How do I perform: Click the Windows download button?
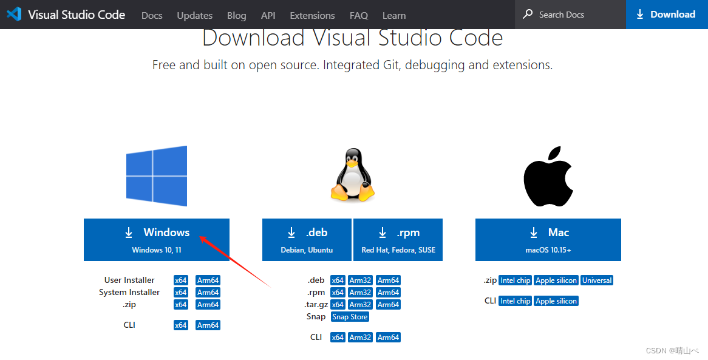[x=157, y=239]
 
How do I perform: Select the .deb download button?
[x=307, y=239]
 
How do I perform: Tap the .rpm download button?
[x=398, y=239]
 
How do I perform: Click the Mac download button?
[x=548, y=239]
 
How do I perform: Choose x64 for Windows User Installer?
[x=181, y=280]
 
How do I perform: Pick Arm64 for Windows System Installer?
[x=208, y=293]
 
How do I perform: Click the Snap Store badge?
[x=350, y=317]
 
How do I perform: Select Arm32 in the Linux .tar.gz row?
[x=360, y=305]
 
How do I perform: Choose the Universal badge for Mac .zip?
[x=597, y=280]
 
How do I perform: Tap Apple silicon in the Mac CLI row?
[x=556, y=301]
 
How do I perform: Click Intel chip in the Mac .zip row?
[x=515, y=280]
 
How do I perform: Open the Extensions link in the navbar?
[x=312, y=15]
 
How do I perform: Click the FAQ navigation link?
[x=359, y=15]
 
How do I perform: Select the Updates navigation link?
[x=195, y=15]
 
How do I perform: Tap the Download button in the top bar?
[x=666, y=15]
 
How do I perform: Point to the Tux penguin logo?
[x=352, y=176]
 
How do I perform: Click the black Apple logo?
[x=548, y=176]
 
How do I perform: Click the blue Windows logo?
[x=157, y=176]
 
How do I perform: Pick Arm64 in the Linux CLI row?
[x=388, y=338]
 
